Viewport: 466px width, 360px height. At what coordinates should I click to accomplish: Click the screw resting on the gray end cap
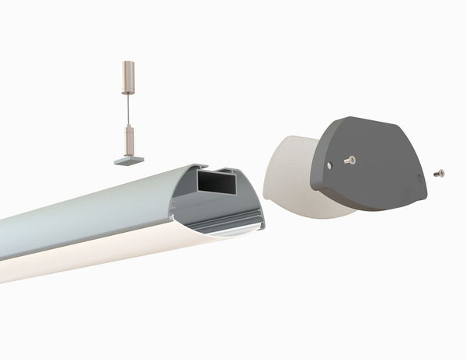click(x=349, y=160)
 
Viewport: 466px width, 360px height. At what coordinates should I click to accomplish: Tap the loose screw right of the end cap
click(x=440, y=172)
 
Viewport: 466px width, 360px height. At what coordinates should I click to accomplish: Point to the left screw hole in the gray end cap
click(x=329, y=165)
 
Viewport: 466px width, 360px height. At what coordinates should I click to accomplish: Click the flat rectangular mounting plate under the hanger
click(x=128, y=160)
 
